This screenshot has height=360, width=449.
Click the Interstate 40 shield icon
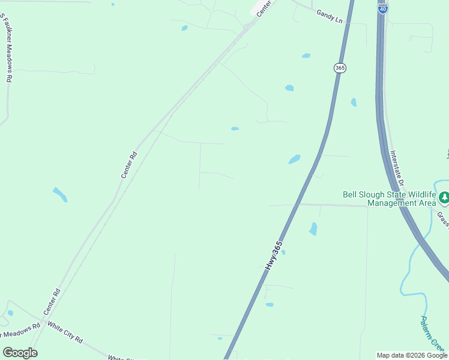click(383, 8)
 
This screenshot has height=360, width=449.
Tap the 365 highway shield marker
click(340, 68)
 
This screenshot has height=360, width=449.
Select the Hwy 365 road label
click(274, 255)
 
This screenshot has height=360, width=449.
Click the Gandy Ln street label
click(330, 19)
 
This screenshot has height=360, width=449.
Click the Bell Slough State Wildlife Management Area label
click(389, 199)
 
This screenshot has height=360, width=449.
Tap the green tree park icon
click(444, 197)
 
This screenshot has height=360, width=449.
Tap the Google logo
click(20, 353)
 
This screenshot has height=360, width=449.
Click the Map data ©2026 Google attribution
click(412, 355)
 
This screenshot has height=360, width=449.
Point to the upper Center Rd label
click(129, 164)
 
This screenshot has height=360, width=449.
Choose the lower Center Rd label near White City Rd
click(52, 302)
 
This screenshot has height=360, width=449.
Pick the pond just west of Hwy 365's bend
click(294, 159)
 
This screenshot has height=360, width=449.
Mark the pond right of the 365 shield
click(354, 102)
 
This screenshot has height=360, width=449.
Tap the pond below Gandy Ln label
click(306, 56)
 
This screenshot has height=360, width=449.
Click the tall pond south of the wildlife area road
click(313, 229)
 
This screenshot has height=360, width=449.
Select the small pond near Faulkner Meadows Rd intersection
click(10, 313)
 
